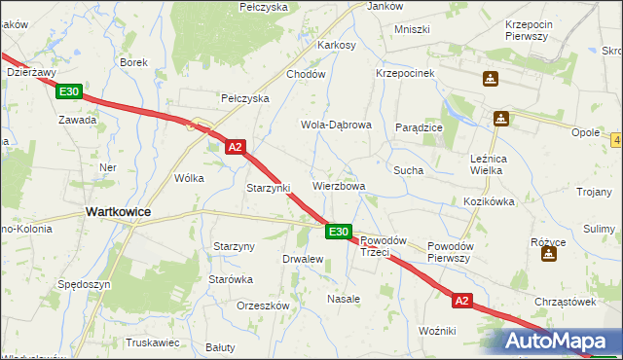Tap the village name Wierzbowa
[339, 186]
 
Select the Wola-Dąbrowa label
[336, 126]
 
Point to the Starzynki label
[269, 188]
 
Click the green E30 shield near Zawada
[68, 92]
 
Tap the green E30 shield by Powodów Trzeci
[338, 232]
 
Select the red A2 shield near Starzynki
[235, 148]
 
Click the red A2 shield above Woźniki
[461, 302]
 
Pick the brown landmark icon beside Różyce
[549, 255]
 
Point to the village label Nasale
[344, 299]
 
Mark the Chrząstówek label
[564, 302]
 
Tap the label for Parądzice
[420, 127]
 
